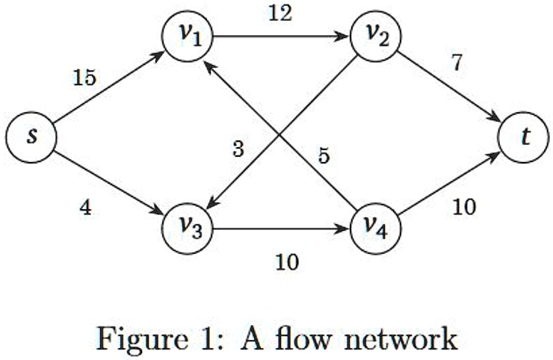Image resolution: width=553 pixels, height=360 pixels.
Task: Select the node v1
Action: [188, 34]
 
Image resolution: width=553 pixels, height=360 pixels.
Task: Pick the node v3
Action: [188, 224]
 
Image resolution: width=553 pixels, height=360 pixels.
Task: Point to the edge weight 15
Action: [84, 77]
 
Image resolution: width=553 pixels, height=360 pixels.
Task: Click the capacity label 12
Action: [282, 13]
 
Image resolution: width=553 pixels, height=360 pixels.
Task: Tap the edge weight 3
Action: [238, 149]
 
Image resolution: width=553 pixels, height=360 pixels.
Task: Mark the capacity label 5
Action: [324, 156]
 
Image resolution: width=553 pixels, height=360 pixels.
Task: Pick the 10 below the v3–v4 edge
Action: [286, 261]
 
